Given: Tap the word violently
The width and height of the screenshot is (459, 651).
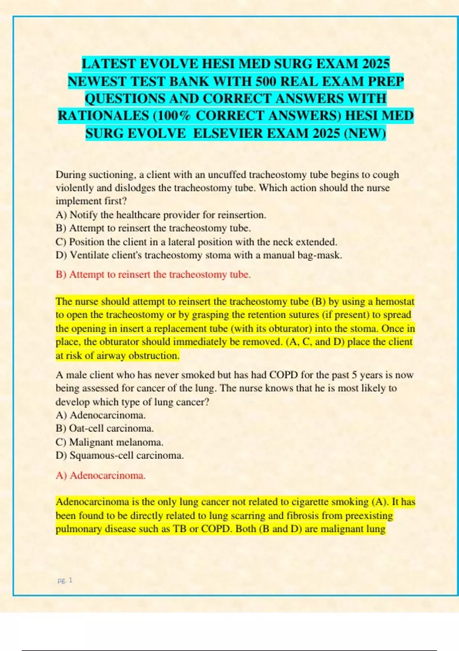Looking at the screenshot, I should pos(73,188).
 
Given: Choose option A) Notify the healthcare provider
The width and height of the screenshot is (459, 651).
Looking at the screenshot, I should pos(161,215).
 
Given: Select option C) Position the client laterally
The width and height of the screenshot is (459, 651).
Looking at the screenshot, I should pos(196,242).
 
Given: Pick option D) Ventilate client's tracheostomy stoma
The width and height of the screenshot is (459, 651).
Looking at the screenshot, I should pos(199,255).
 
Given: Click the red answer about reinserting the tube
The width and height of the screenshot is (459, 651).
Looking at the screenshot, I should pos(153,275).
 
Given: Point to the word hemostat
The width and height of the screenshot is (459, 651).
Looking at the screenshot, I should pos(395,301).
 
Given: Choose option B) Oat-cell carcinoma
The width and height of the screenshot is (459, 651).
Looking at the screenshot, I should pos(104,428).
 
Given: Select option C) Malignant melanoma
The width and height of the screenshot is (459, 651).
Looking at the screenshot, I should pos(109,442).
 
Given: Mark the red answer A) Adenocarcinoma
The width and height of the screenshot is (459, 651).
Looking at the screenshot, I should pos(101,476).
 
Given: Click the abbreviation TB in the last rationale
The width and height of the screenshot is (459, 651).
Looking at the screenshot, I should pos(179,529).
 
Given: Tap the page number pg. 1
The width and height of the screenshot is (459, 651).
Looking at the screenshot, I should pos(65,580).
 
